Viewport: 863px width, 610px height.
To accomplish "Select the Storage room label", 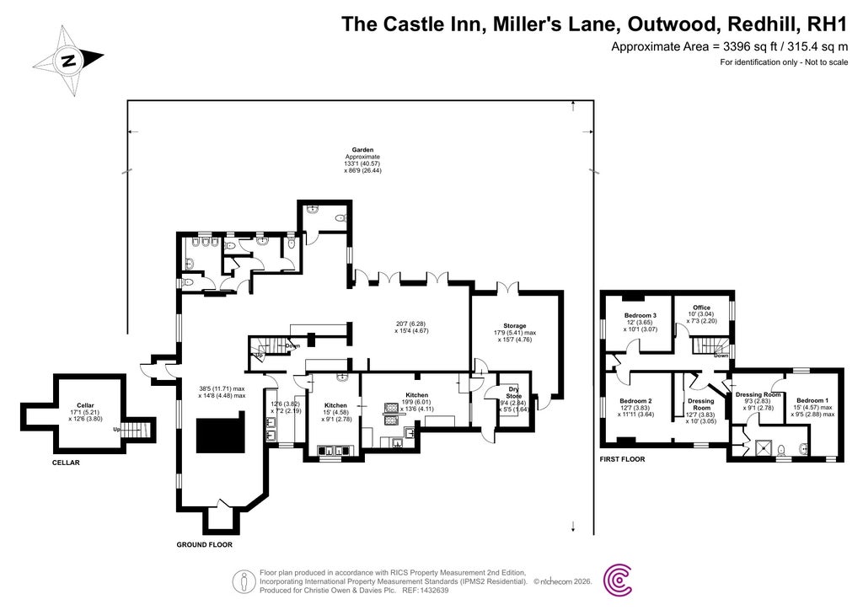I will click(x=515, y=325).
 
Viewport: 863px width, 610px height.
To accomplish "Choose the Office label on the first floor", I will click(x=701, y=308).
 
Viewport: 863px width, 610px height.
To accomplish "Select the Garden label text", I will click(x=363, y=149).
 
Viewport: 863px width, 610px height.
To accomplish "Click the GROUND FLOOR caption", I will click(x=204, y=545).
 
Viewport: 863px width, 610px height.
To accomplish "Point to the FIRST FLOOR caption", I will click(x=622, y=460).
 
